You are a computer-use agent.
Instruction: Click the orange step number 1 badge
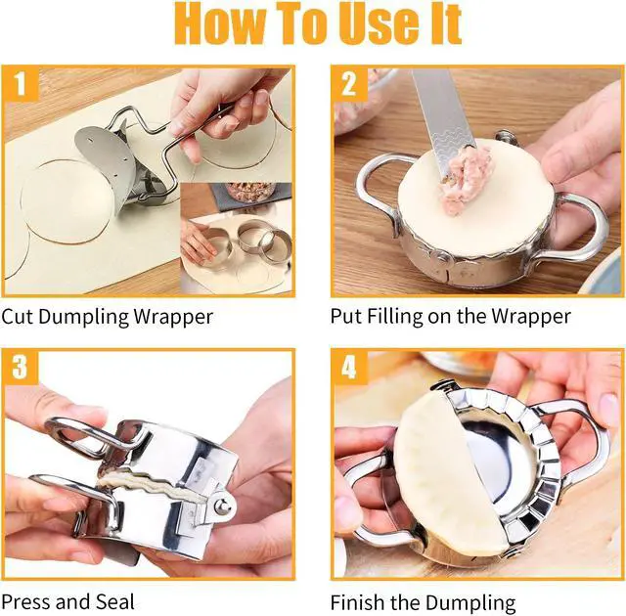(21, 85)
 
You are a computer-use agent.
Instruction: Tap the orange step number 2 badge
(348, 85)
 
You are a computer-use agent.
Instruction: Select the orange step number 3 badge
(21, 368)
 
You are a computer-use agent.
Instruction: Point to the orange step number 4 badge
(348, 368)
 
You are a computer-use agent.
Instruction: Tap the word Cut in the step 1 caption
(19, 317)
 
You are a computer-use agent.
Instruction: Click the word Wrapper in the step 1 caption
(176, 317)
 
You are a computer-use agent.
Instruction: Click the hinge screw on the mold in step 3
(224, 507)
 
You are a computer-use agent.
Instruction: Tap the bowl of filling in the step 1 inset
(249, 191)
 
